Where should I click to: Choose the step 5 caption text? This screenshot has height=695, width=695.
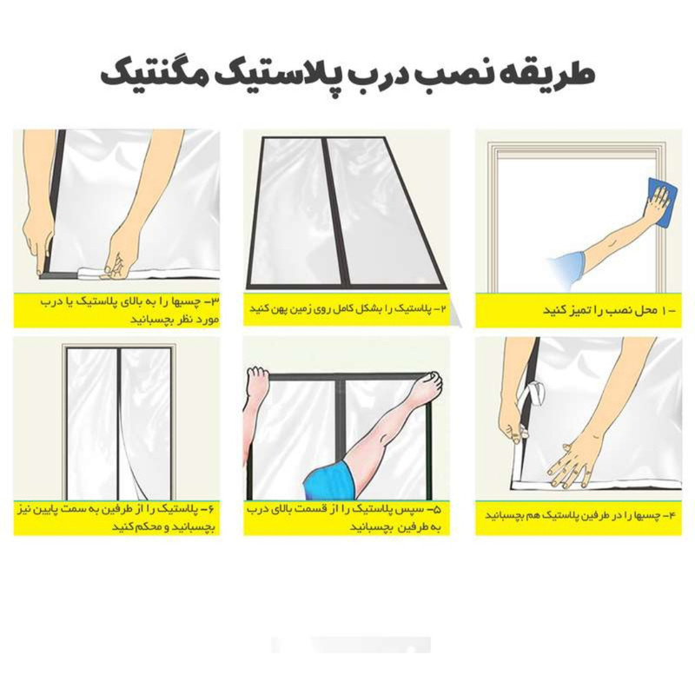pyautogui.click(x=347, y=517)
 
